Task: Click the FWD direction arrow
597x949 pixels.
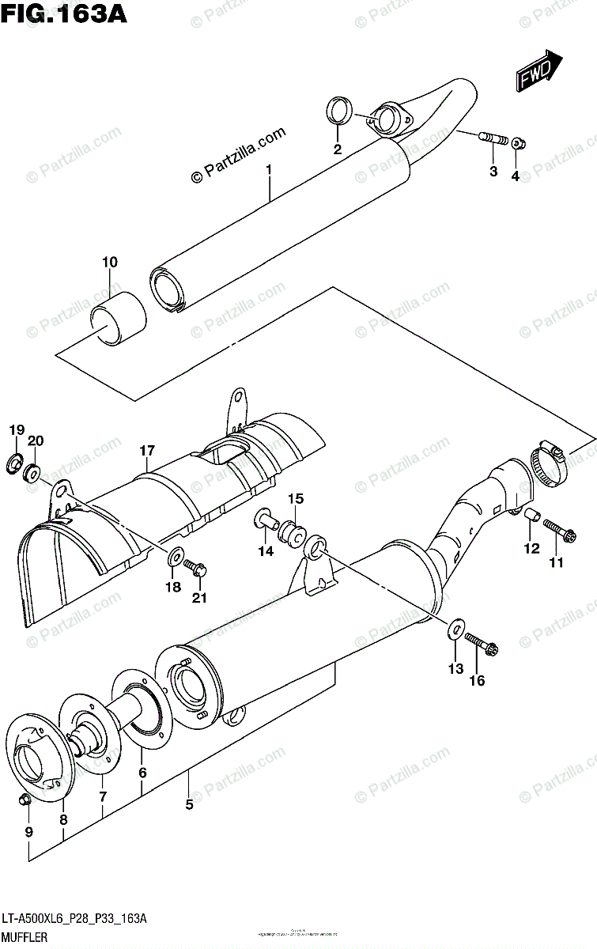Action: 539,72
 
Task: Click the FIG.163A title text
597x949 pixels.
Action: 55,14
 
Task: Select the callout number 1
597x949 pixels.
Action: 269,169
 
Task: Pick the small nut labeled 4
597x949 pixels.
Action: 520,144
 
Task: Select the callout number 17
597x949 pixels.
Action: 147,452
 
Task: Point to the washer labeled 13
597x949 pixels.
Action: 455,630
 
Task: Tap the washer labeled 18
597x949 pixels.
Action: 173,558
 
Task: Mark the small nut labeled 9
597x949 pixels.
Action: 25,800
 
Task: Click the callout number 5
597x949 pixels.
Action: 189,805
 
